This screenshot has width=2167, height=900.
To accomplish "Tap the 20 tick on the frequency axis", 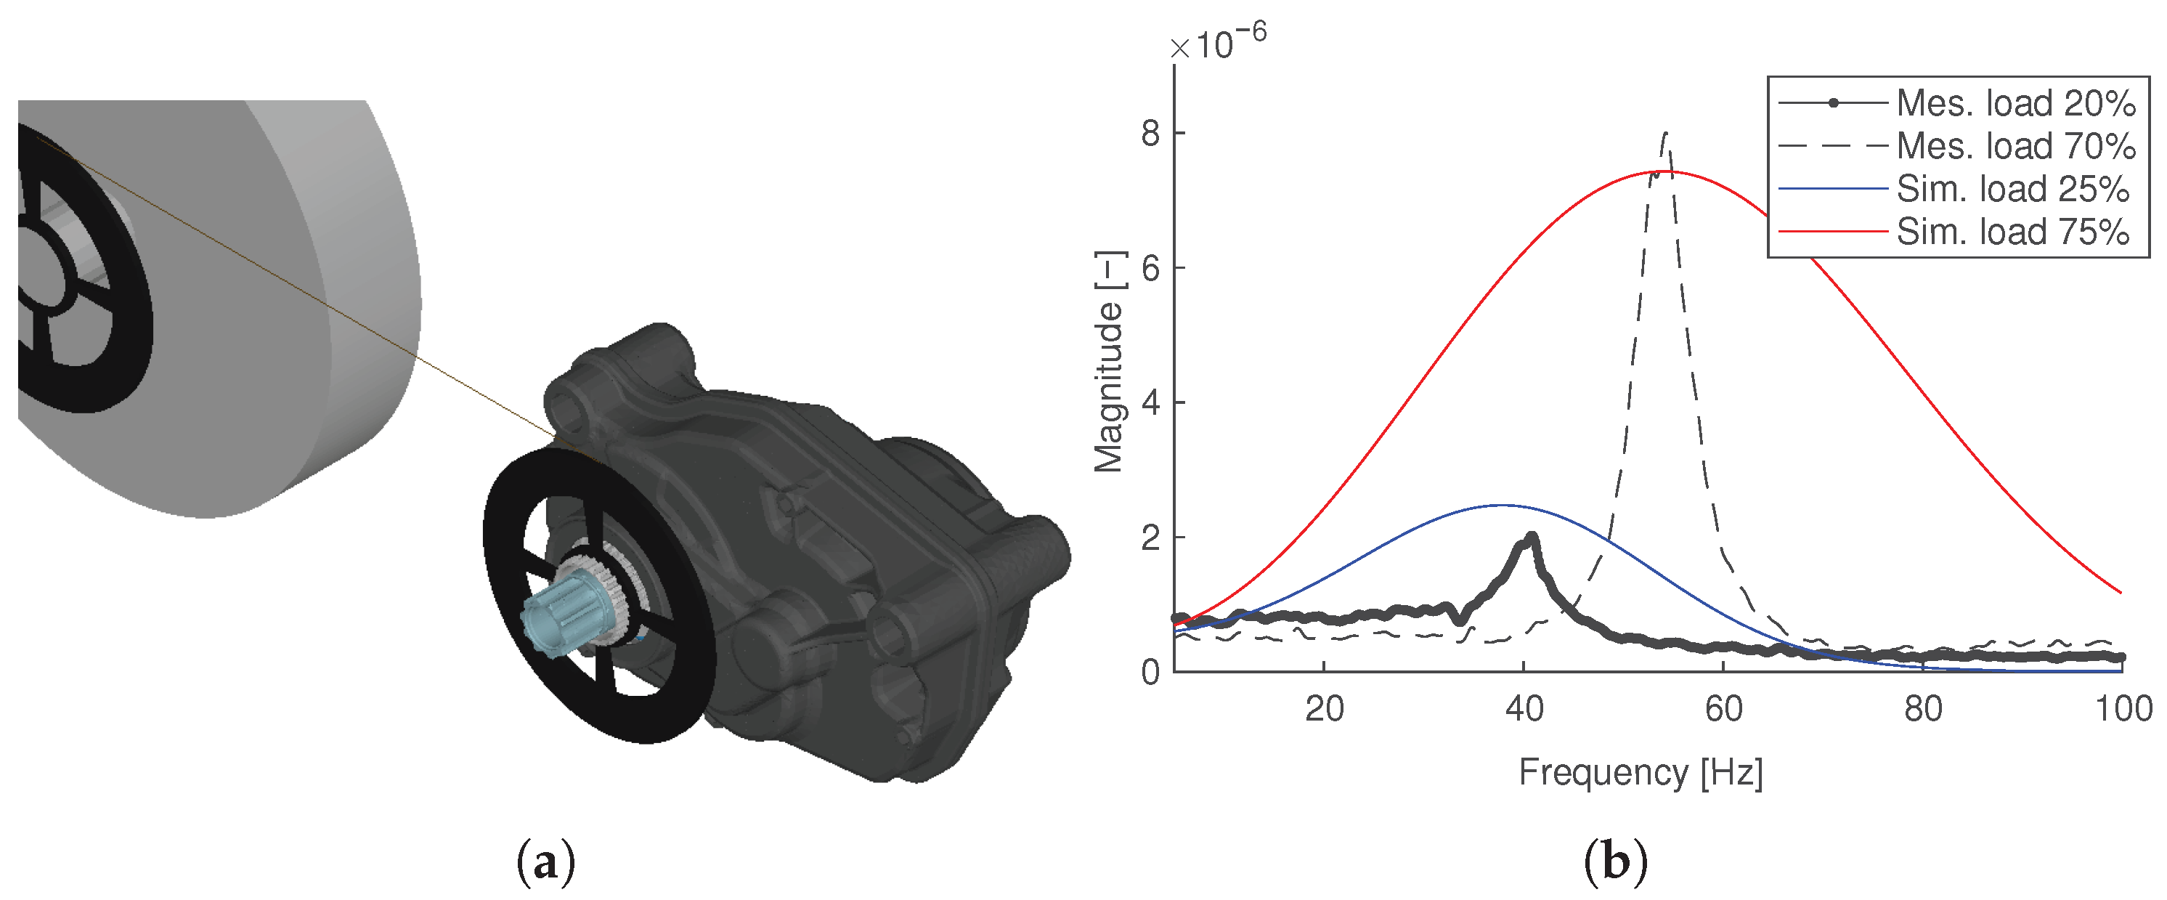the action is point(1324,709).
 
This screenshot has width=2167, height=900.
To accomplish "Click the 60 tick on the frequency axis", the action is point(1724,709).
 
